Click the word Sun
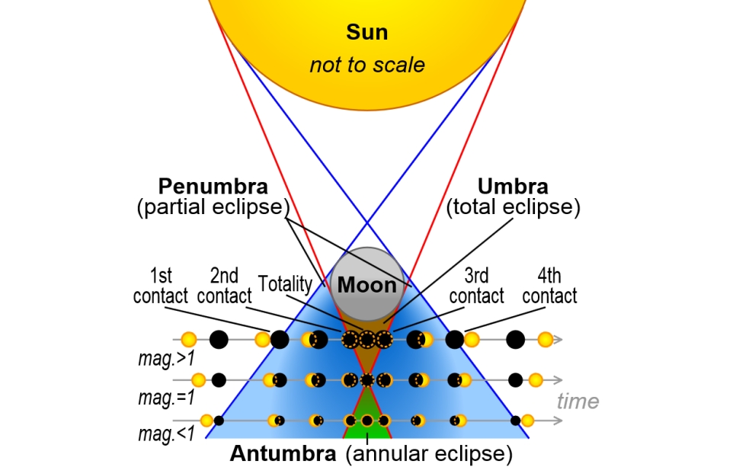pyautogui.click(x=367, y=33)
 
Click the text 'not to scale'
pyautogui.click(x=367, y=65)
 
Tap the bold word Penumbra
pyautogui.click(x=213, y=187)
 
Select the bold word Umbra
pyautogui.click(x=513, y=187)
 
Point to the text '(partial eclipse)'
pyautogui.click(x=213, y=207)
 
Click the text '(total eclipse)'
pyautogui.click(x=513, y=207)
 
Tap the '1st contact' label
pyautogui.click(x=160, y=286)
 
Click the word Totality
pyautogui.click(x=285, y=285)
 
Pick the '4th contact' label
pyautogui.click(x=549, y=286)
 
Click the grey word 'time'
pyautogui.click(x=578, y=401)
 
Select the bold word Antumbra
pyautogui.click(x=283, y=454)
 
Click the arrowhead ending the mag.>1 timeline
pyautogui.click(x=558, y=340)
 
